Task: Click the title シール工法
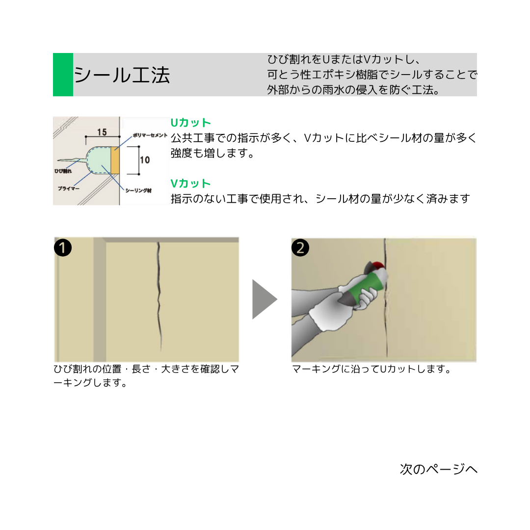[122, 75]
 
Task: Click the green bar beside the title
[63, 75]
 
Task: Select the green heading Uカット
[190, 123]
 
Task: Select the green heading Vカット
[190, 184]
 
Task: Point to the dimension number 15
[102, 132]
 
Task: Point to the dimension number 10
[145, 160]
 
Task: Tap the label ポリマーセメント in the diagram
[150, 135]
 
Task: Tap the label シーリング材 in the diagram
[138, 190]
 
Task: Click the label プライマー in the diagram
[69, 188]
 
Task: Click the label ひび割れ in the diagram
[63, 171]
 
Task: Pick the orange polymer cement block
[115, 160]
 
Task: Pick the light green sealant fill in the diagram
[99, 160]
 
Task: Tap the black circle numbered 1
[63, 248]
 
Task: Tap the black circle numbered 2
[300, 248]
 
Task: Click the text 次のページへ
[438, 469]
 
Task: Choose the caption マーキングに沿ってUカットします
[371, 369]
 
